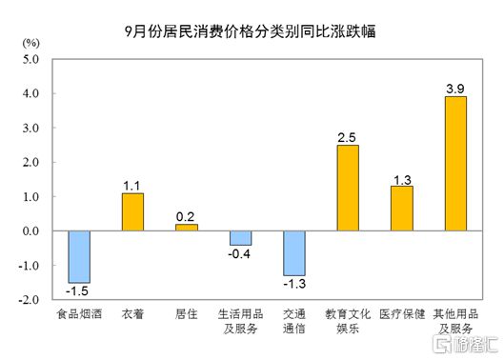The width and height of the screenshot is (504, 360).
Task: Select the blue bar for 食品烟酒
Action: (x=78, y=256)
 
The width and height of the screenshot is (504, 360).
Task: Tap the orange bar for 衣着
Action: (x=131, y=211)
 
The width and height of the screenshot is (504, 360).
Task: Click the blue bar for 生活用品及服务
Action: (x=239, y=238)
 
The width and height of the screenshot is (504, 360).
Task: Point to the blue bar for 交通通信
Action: (x=293, y=252)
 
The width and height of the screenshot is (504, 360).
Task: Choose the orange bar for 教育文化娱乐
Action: (x=347, y=188)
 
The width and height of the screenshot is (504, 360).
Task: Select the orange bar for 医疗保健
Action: (x=401, y=209)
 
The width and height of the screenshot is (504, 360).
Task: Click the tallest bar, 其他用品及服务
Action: (x=455, y=164)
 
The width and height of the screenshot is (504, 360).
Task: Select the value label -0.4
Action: (x=239, y=254)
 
